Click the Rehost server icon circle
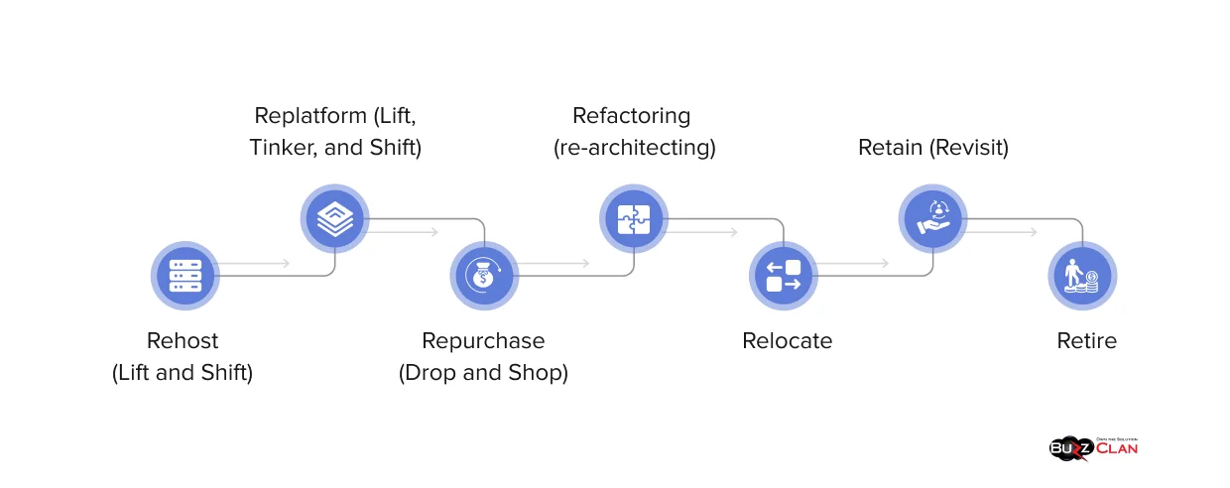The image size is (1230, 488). coord(184,275)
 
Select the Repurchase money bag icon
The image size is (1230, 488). coord(484,275)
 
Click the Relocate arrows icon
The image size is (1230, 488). coord(784,275)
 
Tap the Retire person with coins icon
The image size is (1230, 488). coord(1082,275)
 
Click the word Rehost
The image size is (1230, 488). coord(183,340)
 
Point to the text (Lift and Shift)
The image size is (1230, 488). coord(183,373)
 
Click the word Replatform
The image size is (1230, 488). coord(309,115)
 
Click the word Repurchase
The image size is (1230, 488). coord(483,340)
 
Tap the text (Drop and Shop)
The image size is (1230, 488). coord(483,373)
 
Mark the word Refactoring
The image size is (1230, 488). coord(631,115)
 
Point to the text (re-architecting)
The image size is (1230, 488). coord(634,148)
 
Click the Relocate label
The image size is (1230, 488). coord(787,340)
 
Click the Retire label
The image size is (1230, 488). coord(1086,340)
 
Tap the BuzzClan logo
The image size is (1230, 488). coord(1093,447)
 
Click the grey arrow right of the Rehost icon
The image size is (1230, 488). coord(253,263)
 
